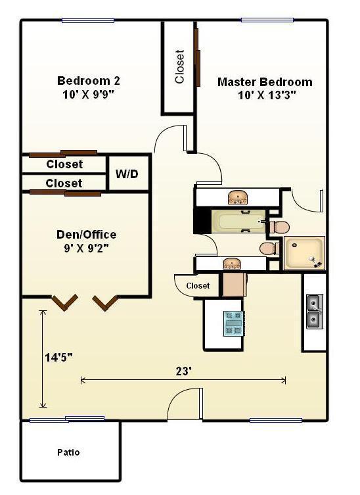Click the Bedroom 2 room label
point(89,81)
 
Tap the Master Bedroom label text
point(265,82)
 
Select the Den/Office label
point(86,235)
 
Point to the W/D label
point(127,174)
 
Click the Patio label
point(68,452)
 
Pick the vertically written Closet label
point(179,67)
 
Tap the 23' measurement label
point(183,371)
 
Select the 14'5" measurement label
point(58,358)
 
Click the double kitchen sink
point(315,312)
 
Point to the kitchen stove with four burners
point(233,323)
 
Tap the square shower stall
point(304,253)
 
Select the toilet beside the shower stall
point(268,248)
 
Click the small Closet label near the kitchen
point(198,286)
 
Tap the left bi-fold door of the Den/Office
point(65,302)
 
